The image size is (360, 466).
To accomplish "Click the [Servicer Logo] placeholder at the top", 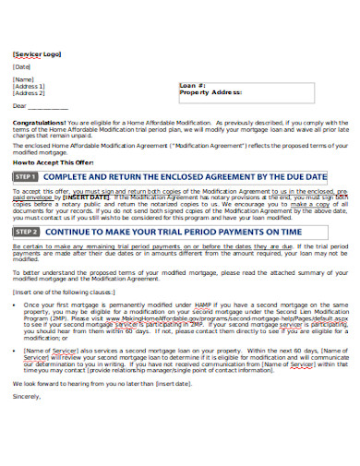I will pos(37,54).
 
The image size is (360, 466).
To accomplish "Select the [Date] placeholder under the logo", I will pos(23,67).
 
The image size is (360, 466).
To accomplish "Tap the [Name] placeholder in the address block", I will pos(24,79).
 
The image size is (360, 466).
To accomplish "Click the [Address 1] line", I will pos(29,86).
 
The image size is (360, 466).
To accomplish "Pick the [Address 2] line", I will pos(29,93).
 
